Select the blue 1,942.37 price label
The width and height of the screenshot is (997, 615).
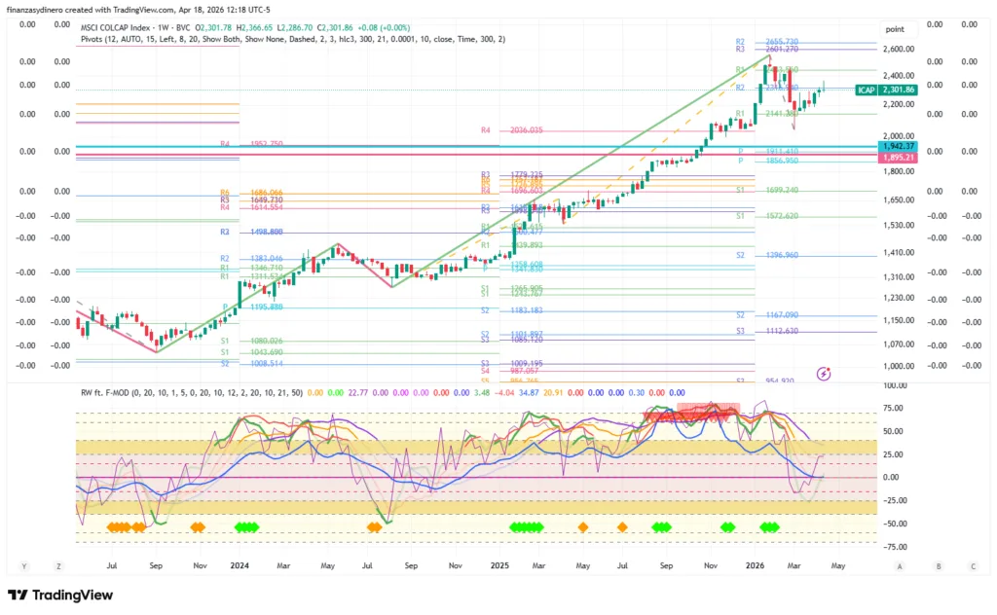pos(899,146)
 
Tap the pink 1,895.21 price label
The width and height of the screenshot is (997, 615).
pos(899,157)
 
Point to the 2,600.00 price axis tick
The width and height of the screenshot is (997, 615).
pos(898,49)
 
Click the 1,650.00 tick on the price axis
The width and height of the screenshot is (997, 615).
pos(898,199)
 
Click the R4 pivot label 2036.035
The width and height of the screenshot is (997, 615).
pos(526,129)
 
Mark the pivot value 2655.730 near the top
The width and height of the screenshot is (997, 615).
pos(782,42)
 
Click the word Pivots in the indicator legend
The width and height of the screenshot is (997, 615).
pos(93,39)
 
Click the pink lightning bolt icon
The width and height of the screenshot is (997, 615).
pos(825,372)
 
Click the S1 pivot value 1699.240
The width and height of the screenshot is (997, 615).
pos(782,191)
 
